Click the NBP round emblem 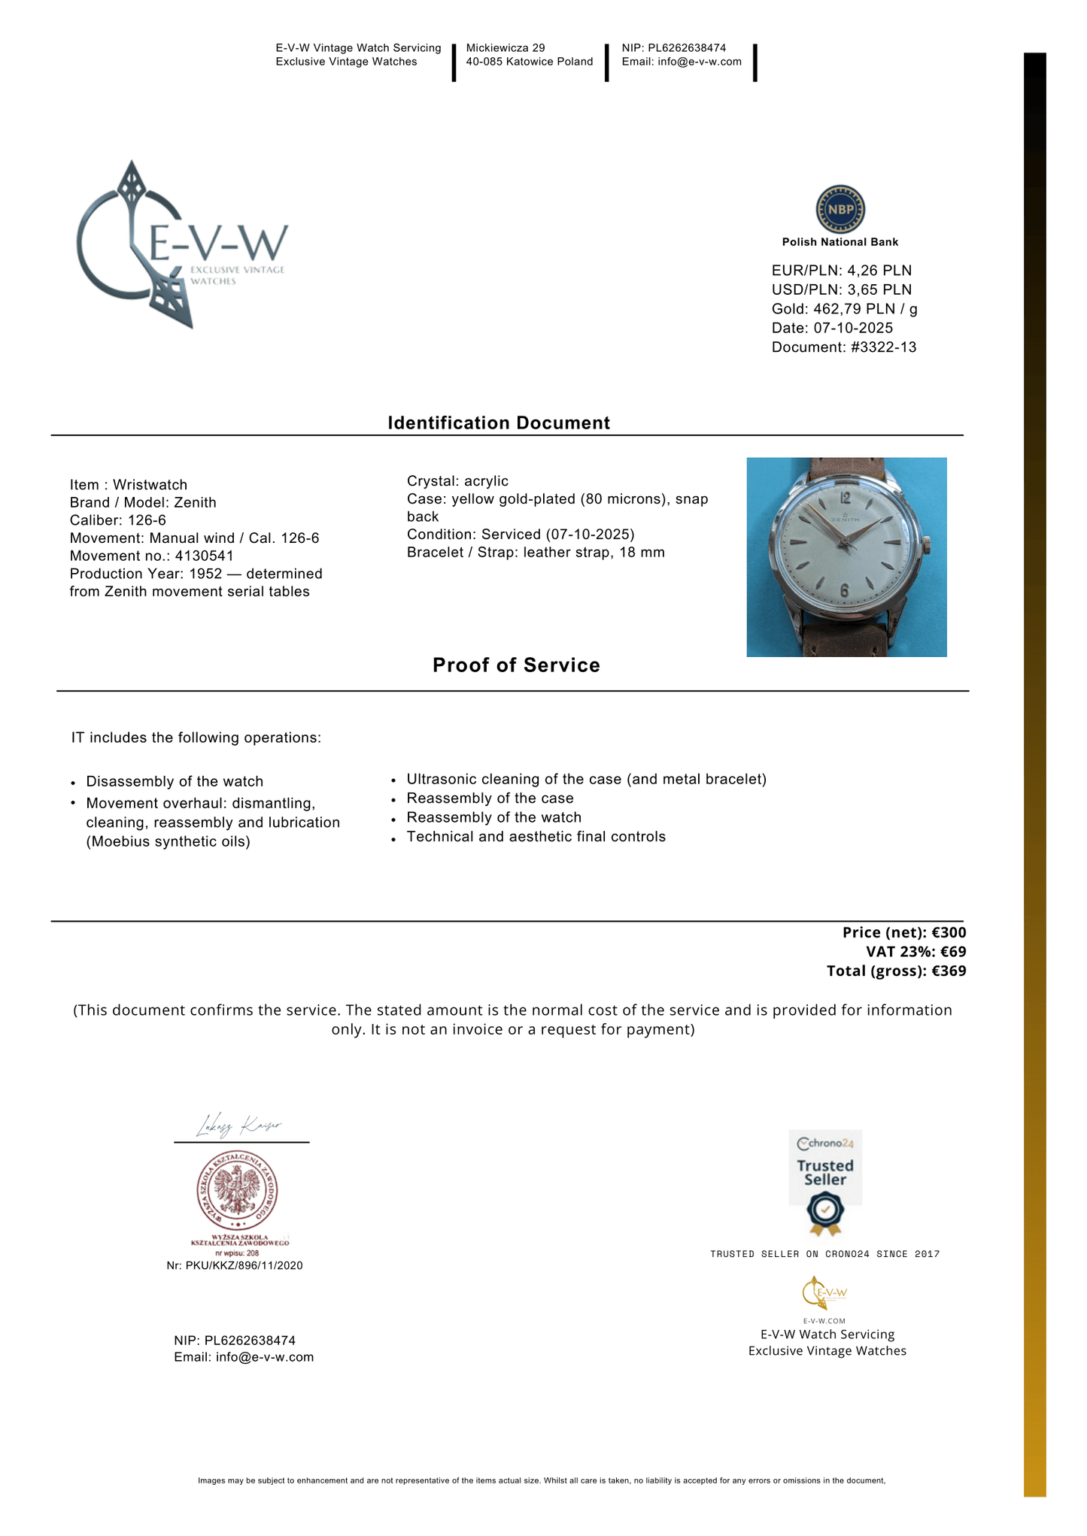(840, 209)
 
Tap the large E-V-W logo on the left (181, 244)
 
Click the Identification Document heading (499, 423)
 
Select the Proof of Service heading (516, 665)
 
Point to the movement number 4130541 (204, 556)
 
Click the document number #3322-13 (884, 347)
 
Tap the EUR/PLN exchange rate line (841, 271)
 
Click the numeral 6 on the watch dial (844, 591)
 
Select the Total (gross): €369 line (896, 971)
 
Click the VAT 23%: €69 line (915, 952)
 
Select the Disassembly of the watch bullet (175, 782)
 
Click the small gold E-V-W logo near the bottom (824, 1293)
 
